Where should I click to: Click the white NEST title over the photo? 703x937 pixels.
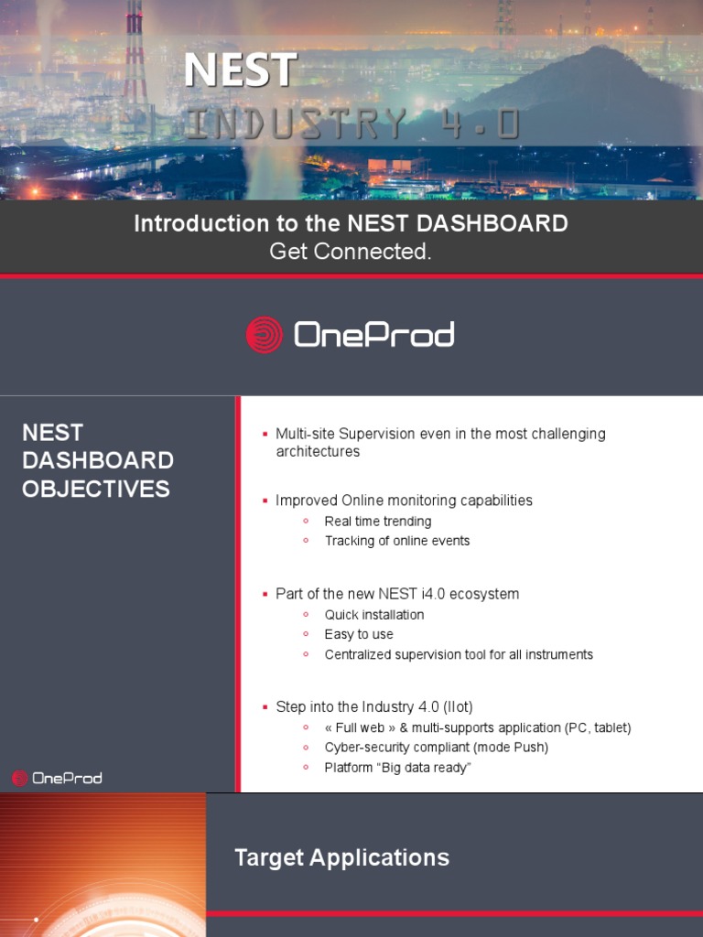click(x=241, y=70)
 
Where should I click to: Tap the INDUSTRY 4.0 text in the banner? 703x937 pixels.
click(x=351, y=124)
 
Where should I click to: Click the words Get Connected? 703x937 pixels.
click(x=351, y=252)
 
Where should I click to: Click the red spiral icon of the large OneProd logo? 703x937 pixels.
click(x=265, y=335)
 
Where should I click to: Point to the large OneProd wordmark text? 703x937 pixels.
click(x=373, y=335)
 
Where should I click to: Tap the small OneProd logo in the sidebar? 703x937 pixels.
click(x=57, y=779)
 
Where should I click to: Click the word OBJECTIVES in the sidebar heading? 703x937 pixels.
click(x=96, y=489)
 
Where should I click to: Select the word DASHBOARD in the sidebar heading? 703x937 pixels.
click(x=98, y=460)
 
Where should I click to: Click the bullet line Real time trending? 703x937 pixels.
click(x=378, y=522)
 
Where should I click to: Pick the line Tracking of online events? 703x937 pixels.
click(x=397, y=541)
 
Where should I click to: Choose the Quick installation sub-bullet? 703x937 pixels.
click(x=374, y=615)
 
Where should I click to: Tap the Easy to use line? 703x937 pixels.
click(x=359, y=634)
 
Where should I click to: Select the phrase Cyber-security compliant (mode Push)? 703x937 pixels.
click(x=437, y=748)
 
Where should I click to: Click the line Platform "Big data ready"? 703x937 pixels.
click(x=397, y=768)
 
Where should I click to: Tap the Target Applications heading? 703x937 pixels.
click(x=342, y=857)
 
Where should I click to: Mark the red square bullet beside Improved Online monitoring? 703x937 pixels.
click(x=265, y=501)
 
